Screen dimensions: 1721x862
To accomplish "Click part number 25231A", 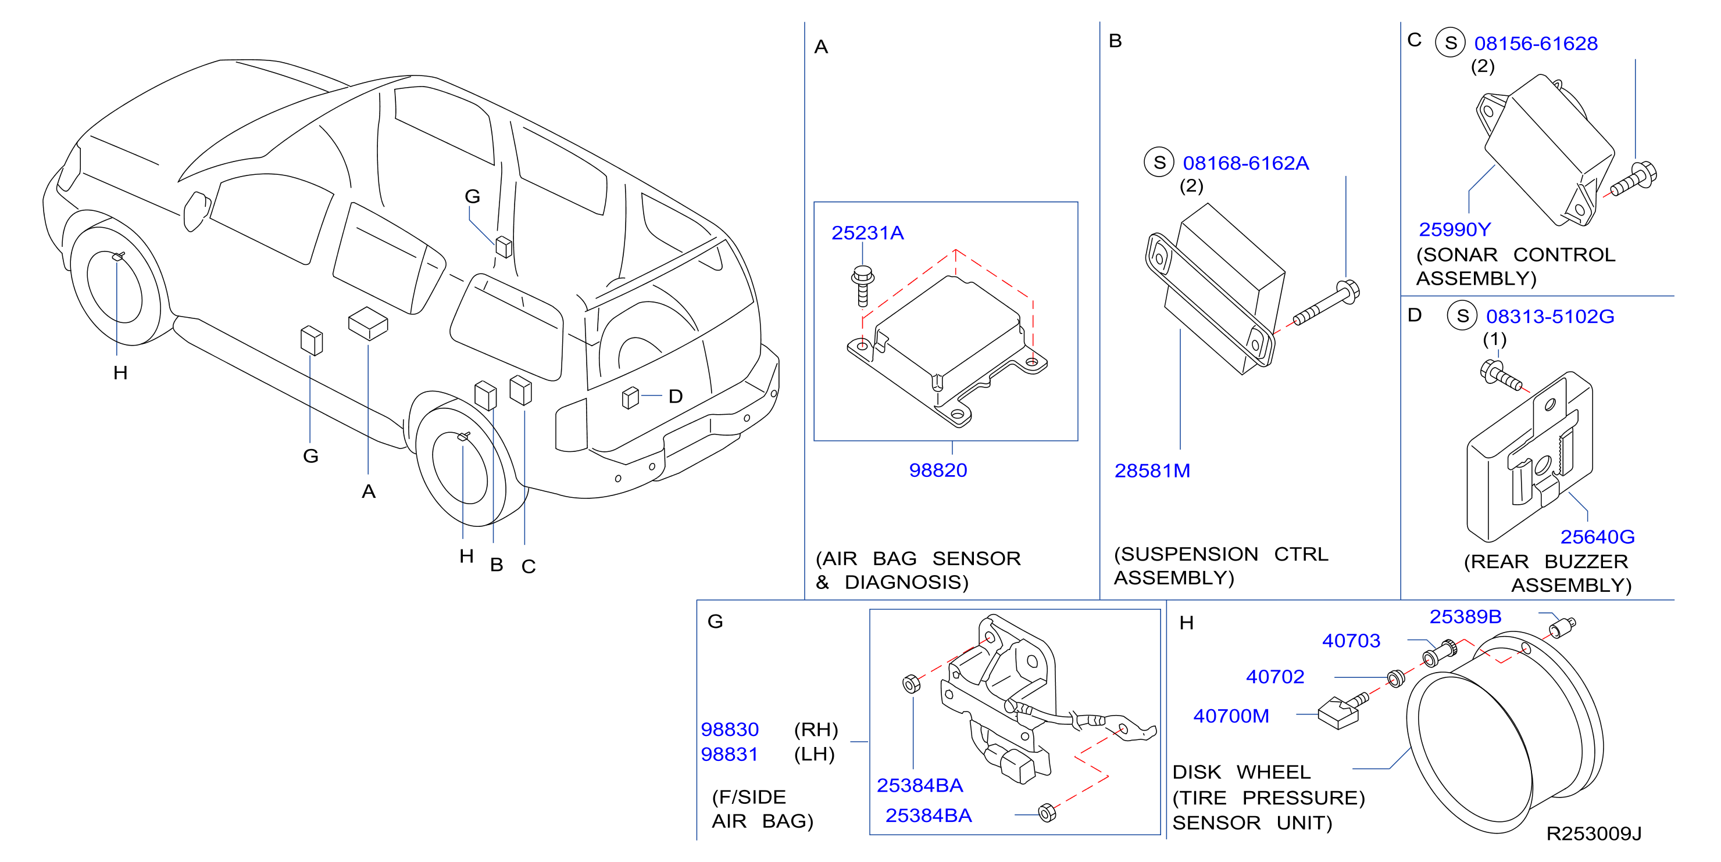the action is [867, 233].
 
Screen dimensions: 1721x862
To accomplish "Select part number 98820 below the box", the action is [938, 470].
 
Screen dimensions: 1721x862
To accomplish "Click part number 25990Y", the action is [1455, 229].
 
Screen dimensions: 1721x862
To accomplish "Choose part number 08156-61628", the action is [1536, 44].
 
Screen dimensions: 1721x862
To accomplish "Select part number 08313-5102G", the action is [1550, 317].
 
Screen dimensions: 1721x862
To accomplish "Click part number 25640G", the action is [1597, 537].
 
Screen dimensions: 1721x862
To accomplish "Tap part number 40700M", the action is [1231, 716].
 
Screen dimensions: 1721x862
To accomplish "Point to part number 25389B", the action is [1466, 617].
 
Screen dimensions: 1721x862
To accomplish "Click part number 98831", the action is [730, 755].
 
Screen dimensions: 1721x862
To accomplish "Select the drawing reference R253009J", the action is [1594, 834].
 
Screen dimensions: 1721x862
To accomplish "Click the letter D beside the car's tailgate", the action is [676, 397].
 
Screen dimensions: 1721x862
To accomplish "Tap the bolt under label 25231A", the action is [862, 286].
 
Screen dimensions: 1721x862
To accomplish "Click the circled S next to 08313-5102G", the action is [1462, 316].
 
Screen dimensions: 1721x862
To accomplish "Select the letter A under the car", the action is [369, 492].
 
